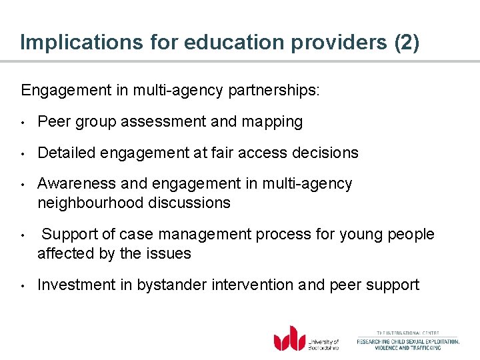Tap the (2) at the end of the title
tap(407, 42)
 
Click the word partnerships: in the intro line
tap(277, 90)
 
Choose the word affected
tap(62, 253)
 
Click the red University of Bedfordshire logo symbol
tap(289, 338)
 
